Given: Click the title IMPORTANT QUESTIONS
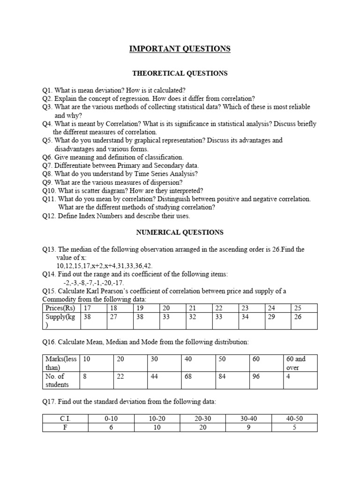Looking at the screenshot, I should [180, 49].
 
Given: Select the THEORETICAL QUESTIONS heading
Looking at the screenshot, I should [180, 73].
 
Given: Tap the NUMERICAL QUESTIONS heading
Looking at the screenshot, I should [180, 232].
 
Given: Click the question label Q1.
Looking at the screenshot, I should [47, 90].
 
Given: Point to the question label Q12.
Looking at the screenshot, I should [49, 216].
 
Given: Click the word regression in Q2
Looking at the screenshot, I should [127, 98].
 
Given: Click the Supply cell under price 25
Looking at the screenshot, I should [297, 316].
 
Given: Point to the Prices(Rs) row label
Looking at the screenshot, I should [60, 308].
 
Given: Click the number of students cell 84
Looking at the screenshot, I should [222, 376].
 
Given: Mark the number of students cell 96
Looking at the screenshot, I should [256, 376].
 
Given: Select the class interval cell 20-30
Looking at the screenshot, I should [202, 419].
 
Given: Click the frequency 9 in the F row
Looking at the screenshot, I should [248, 427].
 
